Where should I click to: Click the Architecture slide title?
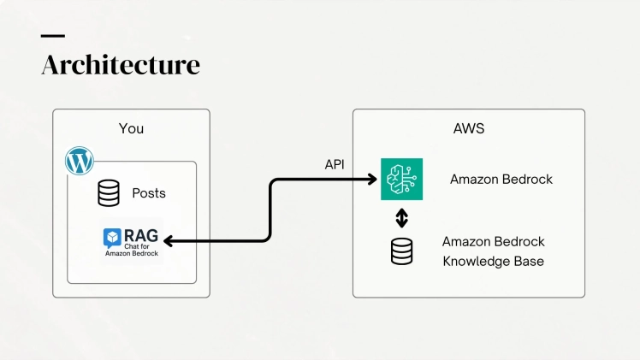pyautogui.click(x=121, y=65)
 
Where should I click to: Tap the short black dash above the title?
pyautogui.click(x=52, y=36)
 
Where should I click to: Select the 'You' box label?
pyautogui.click(x=131, y=128)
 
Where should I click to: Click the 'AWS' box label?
pyautogui.click(x=469, y=128)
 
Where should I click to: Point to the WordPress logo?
pyautogui.click(x=80, y=161)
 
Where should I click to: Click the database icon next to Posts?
pyautogui.click(x=109, y=193)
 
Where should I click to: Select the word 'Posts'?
pyautogui.click(x=149, y=193)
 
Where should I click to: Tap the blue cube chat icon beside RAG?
pyautogui.click(x=113, y=237)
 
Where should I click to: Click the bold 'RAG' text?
pyautogui.click(x=140, y=236)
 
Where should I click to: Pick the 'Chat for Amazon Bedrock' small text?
pyautogui.click(x=133, y=251)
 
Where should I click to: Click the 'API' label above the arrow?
pyautogui.click(x=335, y=164)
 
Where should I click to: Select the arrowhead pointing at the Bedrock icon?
pyautogui.click(x=372, y=179)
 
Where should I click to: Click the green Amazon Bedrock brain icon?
pyautogui.click(x=401, y=179)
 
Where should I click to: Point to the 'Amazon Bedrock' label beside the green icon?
pyautogui.click(x=501, y=180)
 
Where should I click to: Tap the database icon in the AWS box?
pyautogui.click(x=401, y=251)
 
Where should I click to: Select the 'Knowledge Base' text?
pyautogui.click(x=493, y=261)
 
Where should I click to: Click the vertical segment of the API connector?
pyautogui.click(x=270, y=210)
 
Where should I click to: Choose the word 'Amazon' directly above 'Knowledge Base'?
pyautogui.click(x=467, y=242)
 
